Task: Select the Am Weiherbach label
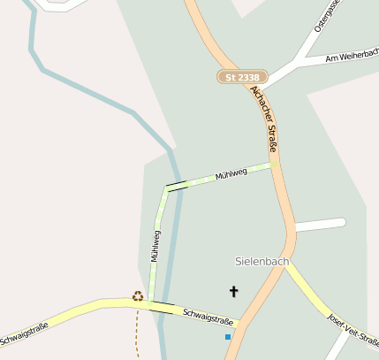point(351,57)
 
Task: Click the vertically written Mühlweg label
point(155,245)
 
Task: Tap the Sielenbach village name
point(262,262)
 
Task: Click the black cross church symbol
point(234,291)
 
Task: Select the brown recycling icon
point(138,296)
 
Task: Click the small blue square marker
point(228,337)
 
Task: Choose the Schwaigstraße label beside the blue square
point(208,317)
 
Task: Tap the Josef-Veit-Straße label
point(352,329)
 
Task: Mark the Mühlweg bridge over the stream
point(177,186)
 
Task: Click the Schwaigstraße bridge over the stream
point(163,307)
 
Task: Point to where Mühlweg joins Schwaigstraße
point(150,302)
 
